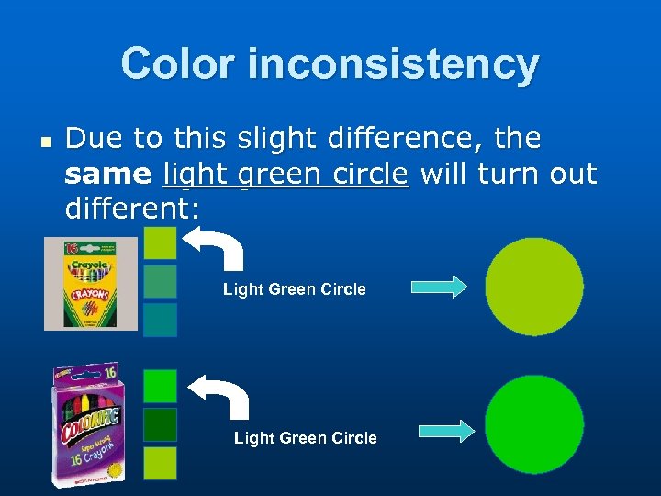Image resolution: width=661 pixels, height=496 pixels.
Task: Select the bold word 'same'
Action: click(108, 174)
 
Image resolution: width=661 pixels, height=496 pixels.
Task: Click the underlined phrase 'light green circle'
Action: click(286, 174)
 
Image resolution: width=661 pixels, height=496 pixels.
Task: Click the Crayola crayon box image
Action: click(90, 283)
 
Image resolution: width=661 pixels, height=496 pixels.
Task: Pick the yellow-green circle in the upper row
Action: click(534, 287)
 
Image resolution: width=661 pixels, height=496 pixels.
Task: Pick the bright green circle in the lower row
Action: click(534, 423)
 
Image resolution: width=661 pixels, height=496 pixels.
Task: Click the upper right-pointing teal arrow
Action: click(439, 287)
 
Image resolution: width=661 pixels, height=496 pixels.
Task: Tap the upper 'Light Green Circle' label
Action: click(294, 289)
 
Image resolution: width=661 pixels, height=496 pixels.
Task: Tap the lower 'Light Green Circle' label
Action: click(305, 438)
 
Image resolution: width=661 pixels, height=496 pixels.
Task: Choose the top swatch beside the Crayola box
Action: click(161, 242)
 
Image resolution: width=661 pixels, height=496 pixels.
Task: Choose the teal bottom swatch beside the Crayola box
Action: click(161, 319)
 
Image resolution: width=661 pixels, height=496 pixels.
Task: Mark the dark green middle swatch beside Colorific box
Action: click(161, 423)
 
